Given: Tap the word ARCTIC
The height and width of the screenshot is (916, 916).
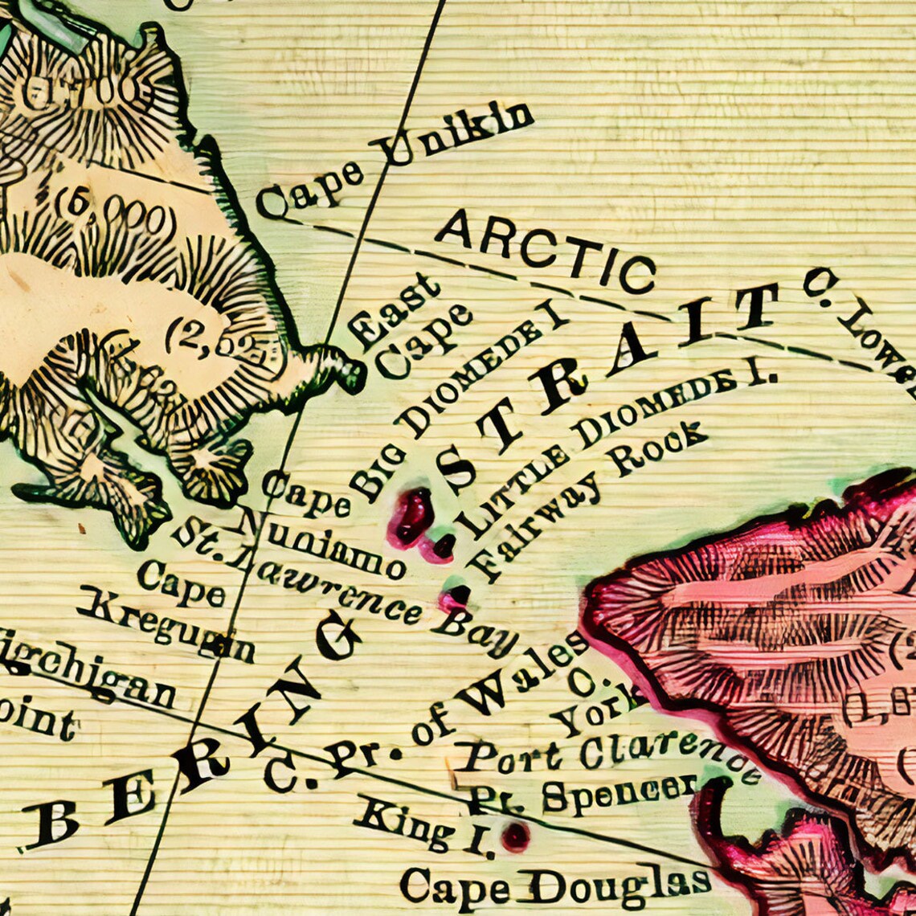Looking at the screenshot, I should click(x=546, y=251).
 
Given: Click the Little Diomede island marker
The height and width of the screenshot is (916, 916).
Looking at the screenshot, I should click(x=442, y=546).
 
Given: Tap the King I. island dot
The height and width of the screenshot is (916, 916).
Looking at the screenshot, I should click(x=515, y=836).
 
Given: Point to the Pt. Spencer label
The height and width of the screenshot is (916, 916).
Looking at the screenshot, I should click(x=583, y=793).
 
